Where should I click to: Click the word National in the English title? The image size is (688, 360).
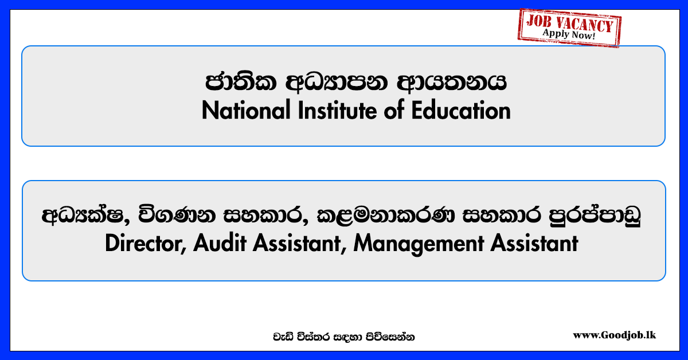tap(246, 110)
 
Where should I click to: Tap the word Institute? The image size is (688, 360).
tap(337, 110)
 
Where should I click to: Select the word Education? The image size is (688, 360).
tap(461, 110)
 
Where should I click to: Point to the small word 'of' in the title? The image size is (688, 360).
tap(394, 110)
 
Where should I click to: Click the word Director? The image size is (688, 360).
tap(145, 243)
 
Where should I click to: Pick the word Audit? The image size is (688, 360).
tap(220, 243)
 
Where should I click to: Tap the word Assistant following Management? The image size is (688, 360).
tap(534, 243)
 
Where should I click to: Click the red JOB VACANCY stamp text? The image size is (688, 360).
tap(569, 23)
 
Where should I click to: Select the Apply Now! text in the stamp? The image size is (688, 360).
tap(569, 34)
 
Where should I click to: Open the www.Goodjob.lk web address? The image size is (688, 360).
tap(614, 335)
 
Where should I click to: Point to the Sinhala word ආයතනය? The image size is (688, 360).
tap(452, 83)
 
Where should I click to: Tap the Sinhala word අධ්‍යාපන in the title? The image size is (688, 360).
tap(337, 83)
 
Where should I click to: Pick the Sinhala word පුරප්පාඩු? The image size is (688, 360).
tap(595, 215)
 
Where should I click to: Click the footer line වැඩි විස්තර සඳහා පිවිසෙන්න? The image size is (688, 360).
tap(343, 337)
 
